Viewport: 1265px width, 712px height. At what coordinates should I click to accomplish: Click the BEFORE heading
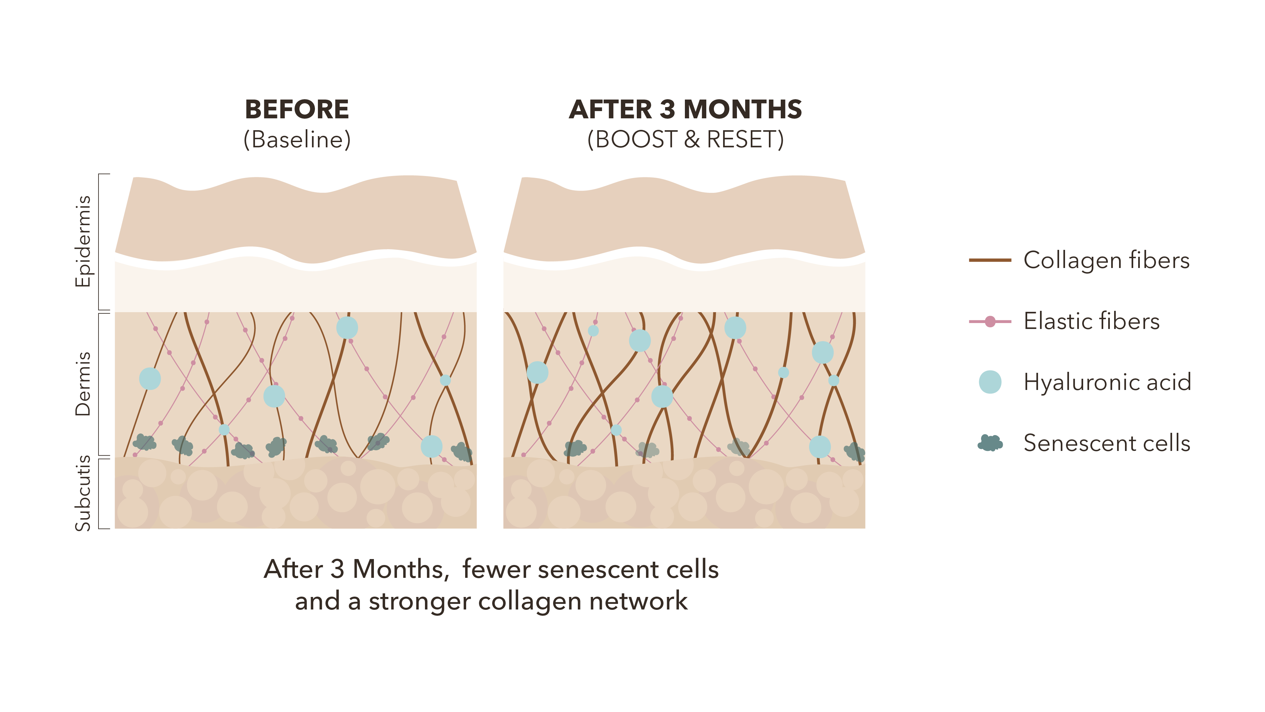tap(296, 109)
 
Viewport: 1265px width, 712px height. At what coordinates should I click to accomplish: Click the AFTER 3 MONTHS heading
tap(685, 109)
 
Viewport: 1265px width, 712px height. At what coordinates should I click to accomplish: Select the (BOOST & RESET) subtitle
tap(685, 139)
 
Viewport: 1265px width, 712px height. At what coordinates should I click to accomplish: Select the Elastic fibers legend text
tap(1091, 321)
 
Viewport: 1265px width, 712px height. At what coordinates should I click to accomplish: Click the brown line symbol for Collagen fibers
tap(990, 260)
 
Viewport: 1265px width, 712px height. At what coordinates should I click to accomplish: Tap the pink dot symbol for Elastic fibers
tap(990, 321)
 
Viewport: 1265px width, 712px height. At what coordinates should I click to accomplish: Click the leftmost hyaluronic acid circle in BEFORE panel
tap(150, 378)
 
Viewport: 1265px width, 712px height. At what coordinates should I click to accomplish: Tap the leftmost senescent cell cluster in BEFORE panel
tap(144, 442)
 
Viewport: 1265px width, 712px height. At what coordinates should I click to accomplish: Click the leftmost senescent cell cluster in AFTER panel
tap(575, 448)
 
